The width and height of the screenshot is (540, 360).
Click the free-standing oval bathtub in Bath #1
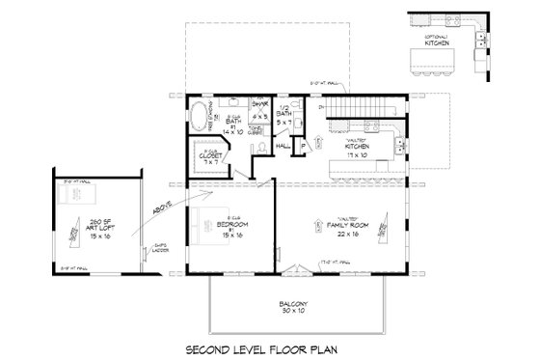[199, 117]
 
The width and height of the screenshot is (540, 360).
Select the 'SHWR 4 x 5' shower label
[258, 112]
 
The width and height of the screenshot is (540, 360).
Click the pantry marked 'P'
[304, 147]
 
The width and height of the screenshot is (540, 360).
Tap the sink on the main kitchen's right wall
[400, 145]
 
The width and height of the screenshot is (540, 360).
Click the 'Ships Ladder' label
[160, 249]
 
